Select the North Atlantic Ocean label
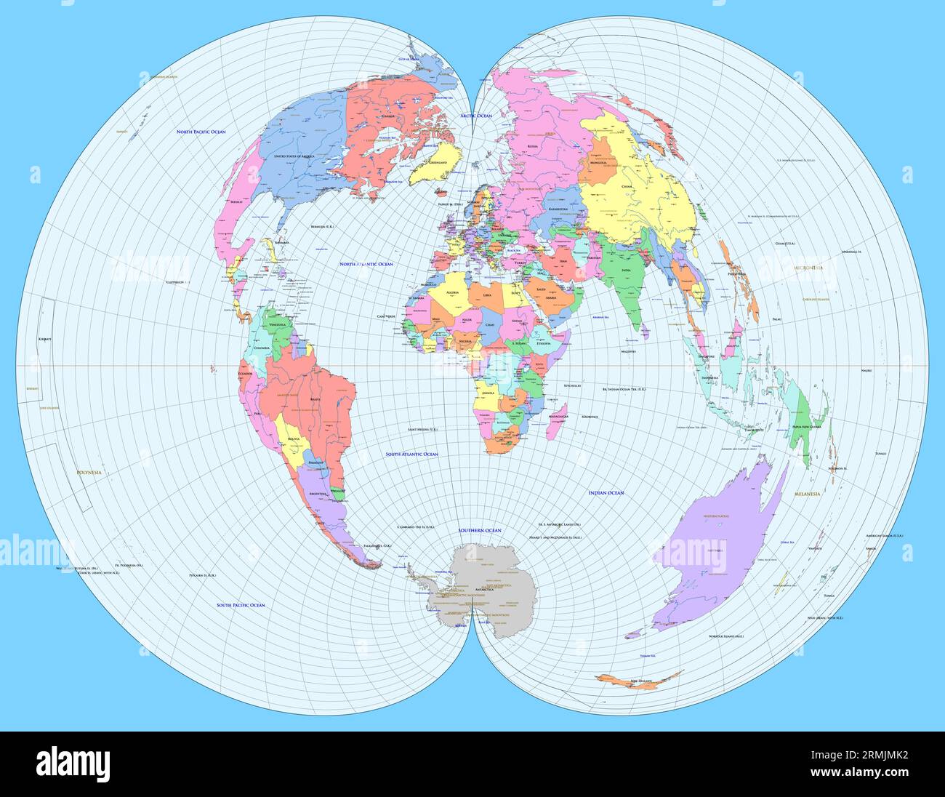(x=366, y=264)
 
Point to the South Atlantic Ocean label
(x=411, y=454)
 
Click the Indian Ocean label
(x=606, y=493)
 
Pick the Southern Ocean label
(x=480, y=531)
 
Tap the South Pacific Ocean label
(x=241, y=605)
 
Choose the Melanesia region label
(x=805, y=494)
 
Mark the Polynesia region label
(x=89, y=473)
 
